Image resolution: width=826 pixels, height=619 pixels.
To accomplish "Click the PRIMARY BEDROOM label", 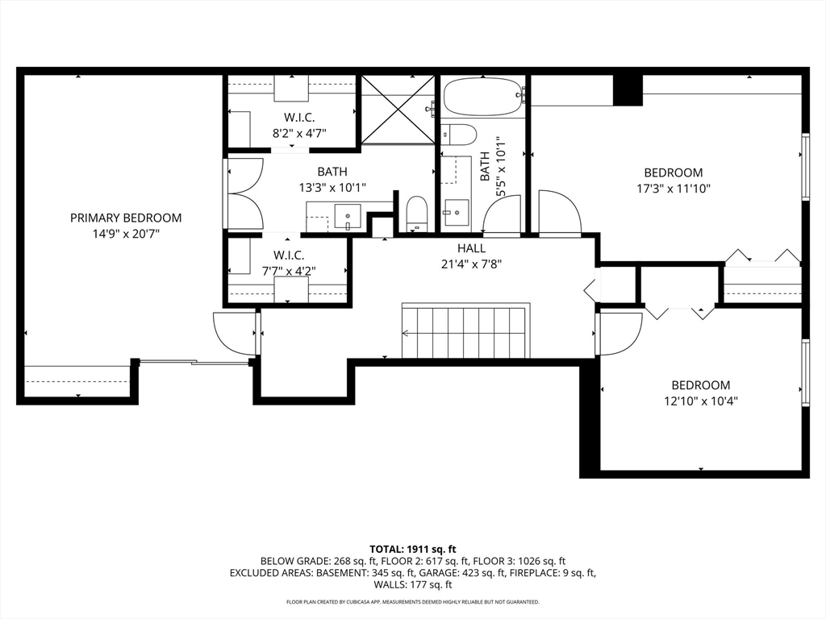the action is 126,218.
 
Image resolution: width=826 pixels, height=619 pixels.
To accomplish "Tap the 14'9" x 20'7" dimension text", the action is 126,234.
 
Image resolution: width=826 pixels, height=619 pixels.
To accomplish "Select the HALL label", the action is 471,248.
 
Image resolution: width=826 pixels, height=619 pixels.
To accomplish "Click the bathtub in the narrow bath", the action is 484,98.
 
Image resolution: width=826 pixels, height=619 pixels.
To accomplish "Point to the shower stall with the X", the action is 398,110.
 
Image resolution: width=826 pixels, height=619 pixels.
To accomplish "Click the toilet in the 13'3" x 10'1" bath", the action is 417,214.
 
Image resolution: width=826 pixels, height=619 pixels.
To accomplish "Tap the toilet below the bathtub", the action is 458,135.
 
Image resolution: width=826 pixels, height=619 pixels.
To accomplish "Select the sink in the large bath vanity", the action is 348,217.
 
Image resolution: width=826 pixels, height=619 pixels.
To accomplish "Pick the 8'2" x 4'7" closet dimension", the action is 299,133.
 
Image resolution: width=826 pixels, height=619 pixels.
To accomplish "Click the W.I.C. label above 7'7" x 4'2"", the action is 289,255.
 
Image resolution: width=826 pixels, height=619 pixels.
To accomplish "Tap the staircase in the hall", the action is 465,330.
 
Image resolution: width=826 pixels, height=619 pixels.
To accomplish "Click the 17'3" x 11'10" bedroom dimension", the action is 674,189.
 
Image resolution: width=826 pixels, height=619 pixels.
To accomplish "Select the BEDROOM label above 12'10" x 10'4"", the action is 701,385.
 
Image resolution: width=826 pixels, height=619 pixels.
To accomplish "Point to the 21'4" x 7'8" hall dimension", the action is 471,264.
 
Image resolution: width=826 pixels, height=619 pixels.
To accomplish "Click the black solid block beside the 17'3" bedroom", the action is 628,90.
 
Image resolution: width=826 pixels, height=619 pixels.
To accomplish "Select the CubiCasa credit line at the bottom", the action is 412,601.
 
